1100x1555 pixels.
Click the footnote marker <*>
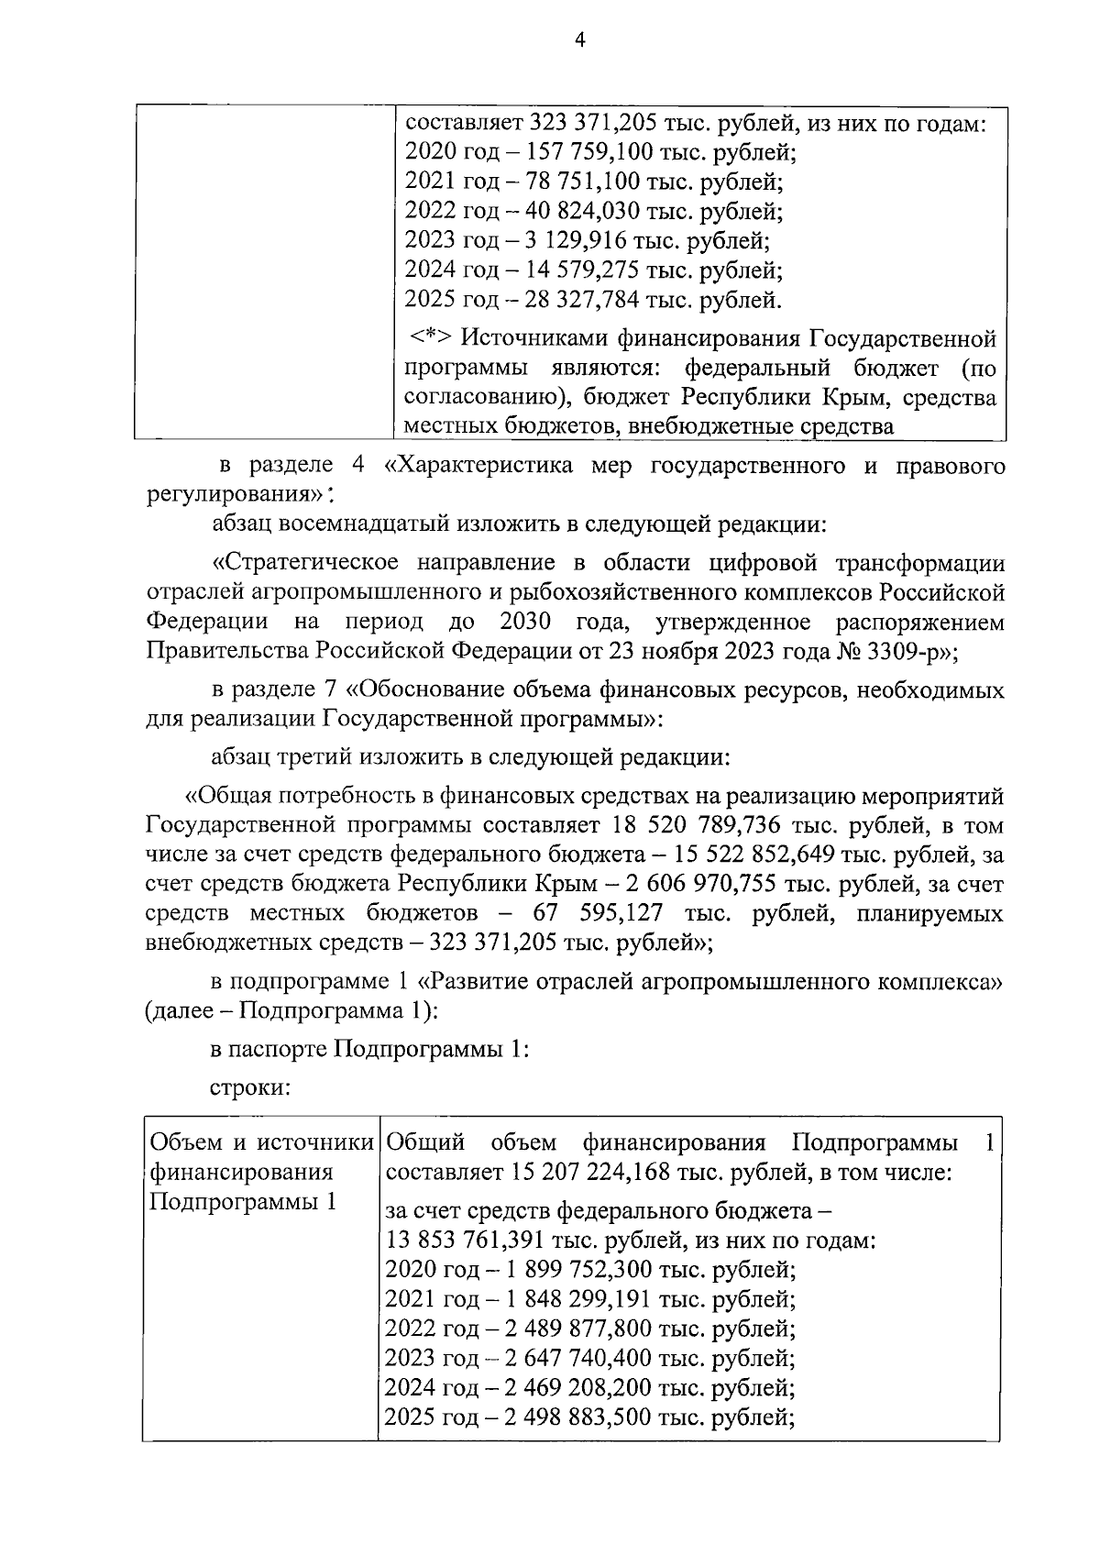click(x=429, y=339)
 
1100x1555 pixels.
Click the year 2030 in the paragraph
click(x=525, y=623)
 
